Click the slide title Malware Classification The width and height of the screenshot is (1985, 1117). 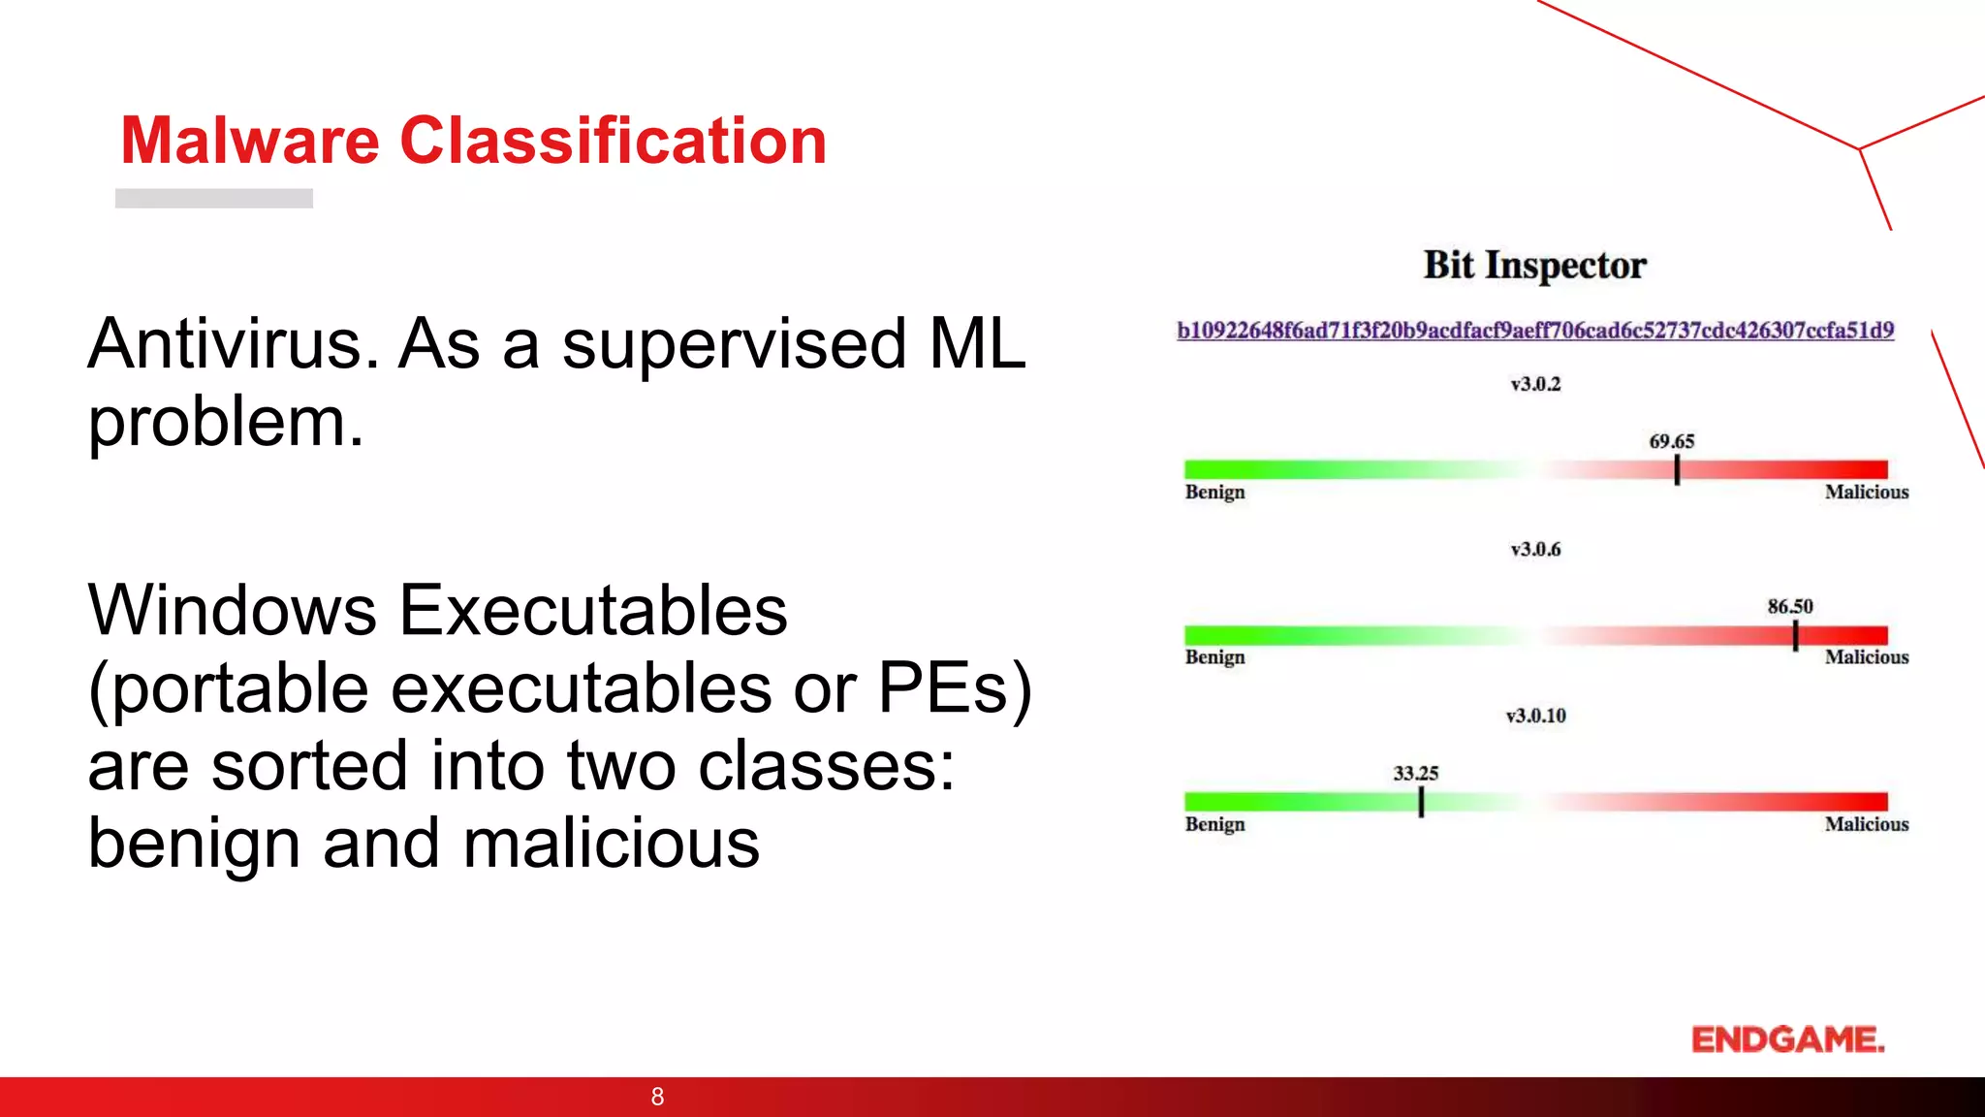pos(473,142)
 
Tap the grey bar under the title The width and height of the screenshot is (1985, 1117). pos(214,198)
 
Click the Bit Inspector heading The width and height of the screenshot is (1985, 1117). pos(1534,266)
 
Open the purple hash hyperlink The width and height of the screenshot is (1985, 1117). pos(1535,331)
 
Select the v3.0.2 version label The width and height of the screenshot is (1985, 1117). pos(1535,384)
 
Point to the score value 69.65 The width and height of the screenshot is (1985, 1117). pos(1672,441)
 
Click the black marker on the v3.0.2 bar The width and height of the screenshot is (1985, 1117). pos(1677,470)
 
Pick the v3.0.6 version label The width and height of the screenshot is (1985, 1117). pos(1535,550)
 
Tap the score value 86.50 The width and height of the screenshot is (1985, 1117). pos(1789,607)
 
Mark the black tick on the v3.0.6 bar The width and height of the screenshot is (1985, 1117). pos(1795,636)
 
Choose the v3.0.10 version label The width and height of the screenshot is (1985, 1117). pos(1535,716)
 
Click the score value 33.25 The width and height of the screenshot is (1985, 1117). pos(1415,774)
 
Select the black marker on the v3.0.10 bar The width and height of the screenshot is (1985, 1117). pos(1421,802)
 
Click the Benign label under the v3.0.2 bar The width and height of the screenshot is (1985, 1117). pos(1214,493)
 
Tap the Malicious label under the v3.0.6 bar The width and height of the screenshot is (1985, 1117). pos(1866,657)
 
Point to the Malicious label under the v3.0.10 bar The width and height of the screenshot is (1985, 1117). pos(1866,824)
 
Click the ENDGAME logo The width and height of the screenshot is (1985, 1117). pos(1787,1039)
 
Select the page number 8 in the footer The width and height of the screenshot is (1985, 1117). pos(657,1097)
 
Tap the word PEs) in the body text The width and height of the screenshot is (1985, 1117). pos(955,688)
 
